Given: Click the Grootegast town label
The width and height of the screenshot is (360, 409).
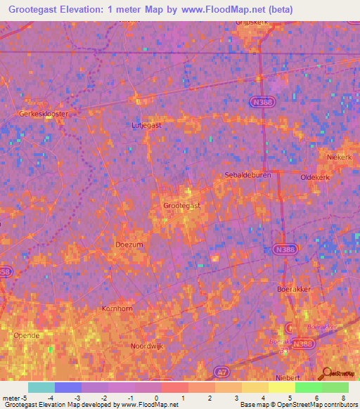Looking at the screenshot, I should pyautogui.click(x=182, y=205).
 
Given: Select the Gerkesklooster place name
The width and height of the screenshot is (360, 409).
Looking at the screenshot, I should pyautogui.click(x=44, y=112).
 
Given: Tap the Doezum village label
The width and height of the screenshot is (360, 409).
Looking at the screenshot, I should pyautogui.click(x=129, y=244).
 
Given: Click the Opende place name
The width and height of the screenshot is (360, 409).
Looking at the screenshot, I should pyautogui.click(x=27, y=335).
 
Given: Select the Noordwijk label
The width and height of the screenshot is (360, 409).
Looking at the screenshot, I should pyautogui.click(x=147, y=346).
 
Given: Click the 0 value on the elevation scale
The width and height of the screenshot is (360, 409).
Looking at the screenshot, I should pyautogui.click(x=156, y=398).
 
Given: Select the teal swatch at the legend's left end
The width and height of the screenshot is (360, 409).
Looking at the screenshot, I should pyautogui.click(x=41, y=387).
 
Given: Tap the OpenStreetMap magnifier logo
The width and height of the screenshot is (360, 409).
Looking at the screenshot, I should pyautogui.click(x=326, y=373).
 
